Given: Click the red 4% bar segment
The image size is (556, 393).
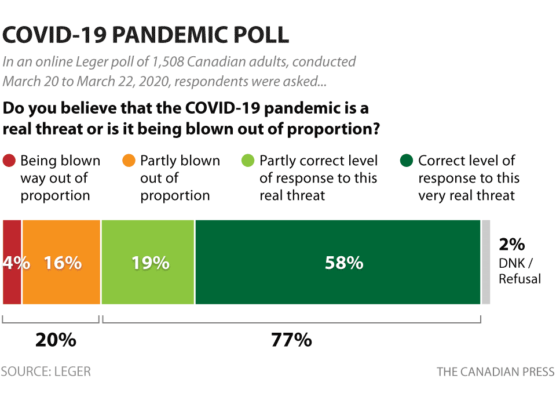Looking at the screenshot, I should point(12,284).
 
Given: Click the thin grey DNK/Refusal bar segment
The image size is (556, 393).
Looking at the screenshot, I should point(486,262).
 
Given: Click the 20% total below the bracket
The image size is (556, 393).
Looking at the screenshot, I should point(56,340).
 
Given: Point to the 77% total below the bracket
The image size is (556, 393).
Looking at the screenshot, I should point(291,340).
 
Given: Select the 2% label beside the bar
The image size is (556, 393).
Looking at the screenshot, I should point(511,245).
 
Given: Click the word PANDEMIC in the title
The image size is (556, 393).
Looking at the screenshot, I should point(175,35).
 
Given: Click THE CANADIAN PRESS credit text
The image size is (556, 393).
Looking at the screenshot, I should point(495,372).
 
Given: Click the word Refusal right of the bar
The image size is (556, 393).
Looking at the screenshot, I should point(520,279).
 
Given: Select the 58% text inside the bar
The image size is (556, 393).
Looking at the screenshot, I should point(343,263).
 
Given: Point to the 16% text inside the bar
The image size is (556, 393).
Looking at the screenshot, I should point(63,263).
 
